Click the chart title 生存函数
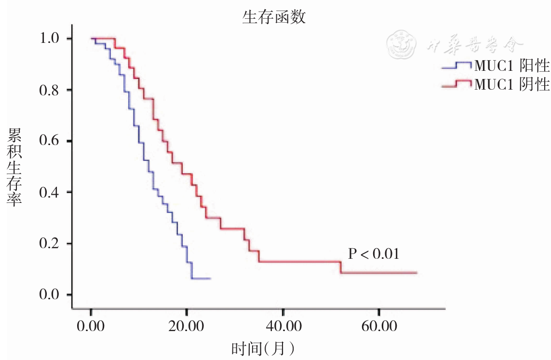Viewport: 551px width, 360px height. [x=274, y=18]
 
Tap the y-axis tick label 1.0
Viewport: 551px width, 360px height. [x=49, y=39]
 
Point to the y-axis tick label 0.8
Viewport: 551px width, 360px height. [x=49, y=90]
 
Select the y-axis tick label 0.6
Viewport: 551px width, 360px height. [x=49, y=141]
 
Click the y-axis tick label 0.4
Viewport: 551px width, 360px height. [x=49, y=192]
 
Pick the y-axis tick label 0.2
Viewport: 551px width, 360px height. [x=49, y=244]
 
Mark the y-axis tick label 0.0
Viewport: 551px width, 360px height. [x=49, y=295]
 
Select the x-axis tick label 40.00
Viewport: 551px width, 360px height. [x=283, y=327]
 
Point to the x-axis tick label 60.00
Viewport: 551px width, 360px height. [x=379, y=327]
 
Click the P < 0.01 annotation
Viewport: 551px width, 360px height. [x=374, y=254]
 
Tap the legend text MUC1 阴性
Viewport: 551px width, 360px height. [x=512, y=84]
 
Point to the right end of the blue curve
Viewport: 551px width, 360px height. [x=210, y=279]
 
